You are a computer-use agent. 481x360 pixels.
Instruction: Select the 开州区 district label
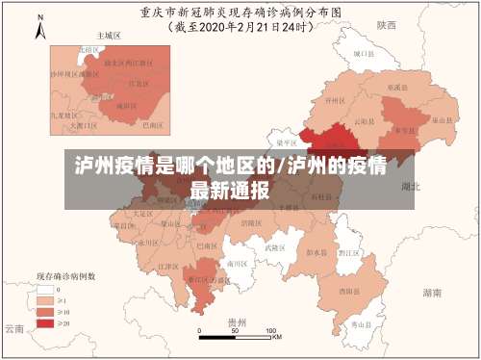tap(335, 100)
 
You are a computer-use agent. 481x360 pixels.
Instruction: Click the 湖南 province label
tap(432, 291)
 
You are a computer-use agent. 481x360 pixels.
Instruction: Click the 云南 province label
tap(13, 328)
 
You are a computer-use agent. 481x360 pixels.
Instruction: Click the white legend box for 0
tap(45, 288)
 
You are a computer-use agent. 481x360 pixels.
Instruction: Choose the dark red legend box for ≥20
tap(45, 322)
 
